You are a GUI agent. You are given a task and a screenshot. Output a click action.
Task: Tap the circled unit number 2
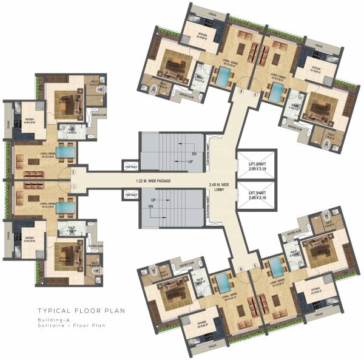pyautogui.click(x=73, y=172)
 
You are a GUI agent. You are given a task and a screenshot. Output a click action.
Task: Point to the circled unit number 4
pyautogui.click(x=255, y=95)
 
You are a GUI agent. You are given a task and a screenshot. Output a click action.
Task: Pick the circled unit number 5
pyautogui.click(x=255, y=265)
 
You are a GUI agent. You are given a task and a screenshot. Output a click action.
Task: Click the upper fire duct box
pyautogui.click(x=130, y=166)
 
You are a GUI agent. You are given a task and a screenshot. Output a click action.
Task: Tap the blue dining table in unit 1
pyautogui.click(x=68, y=206)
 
